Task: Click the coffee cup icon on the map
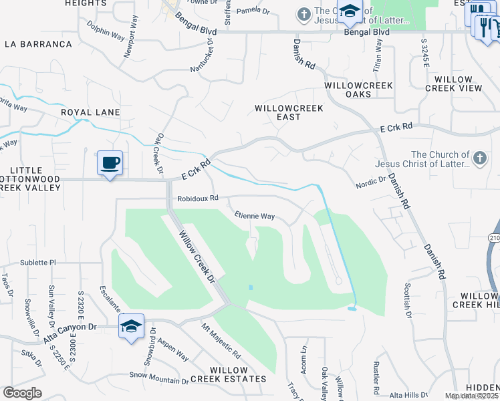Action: (110, 162)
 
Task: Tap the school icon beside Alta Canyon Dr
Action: (132, 326)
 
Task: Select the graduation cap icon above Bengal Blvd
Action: (349, 11)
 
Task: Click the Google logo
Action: (22, 393)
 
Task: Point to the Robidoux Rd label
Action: (198, 198)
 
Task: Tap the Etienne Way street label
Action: (255, 216)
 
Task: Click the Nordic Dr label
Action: (371, 180)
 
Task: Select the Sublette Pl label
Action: (38, 263)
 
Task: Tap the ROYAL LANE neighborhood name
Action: (90, 112)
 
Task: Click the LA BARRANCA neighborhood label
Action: (38, 44)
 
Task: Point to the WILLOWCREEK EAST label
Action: (289, 112)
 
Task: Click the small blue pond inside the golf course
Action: (250, 287)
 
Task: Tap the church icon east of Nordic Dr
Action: (479, 158)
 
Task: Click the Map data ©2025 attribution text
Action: (472, 396)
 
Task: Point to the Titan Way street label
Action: (379, 55)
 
